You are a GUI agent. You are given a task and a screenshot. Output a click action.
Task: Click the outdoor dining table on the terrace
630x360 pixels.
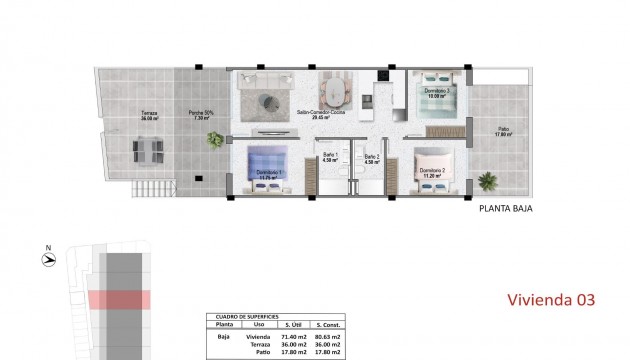tap(149, 151)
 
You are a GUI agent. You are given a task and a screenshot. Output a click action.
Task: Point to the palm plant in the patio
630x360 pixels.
tap(488, 182)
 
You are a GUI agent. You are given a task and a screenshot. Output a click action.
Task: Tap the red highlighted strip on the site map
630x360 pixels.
tap(118, 299)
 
